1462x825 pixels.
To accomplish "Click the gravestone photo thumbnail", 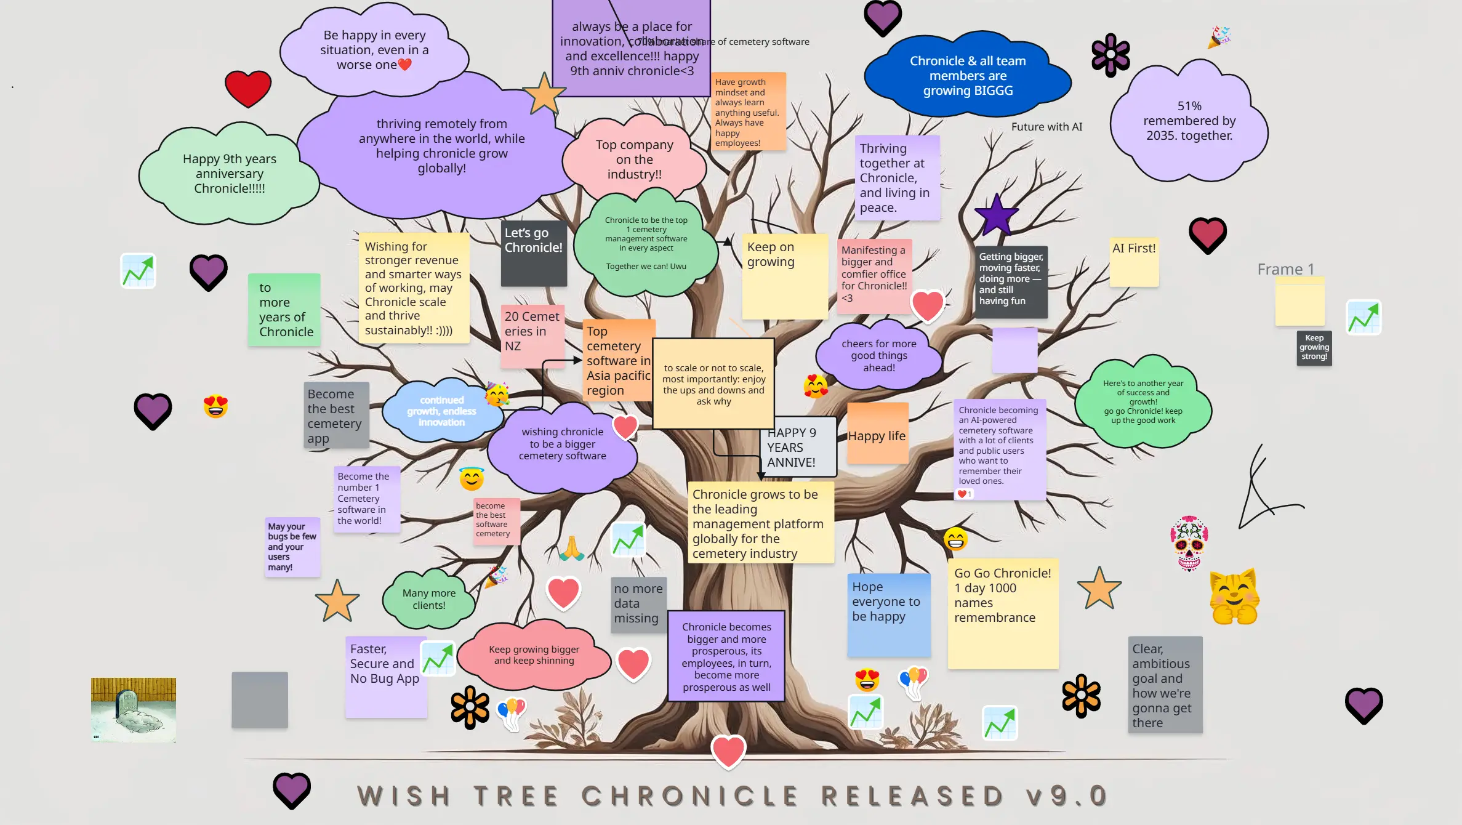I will (133, 709).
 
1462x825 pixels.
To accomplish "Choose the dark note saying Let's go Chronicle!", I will (533, 253).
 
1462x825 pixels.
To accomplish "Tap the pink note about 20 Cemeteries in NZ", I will (532, 336).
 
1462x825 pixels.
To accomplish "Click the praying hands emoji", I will (571, 547).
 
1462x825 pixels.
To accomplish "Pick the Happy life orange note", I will (877, 434).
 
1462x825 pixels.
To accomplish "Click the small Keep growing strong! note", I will (1314, 348).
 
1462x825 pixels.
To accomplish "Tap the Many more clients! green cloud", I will (428, 599).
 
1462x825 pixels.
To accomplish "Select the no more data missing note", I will (638, 604).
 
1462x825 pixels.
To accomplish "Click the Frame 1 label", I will (1285, 269).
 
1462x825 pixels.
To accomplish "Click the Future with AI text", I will (1046, 127).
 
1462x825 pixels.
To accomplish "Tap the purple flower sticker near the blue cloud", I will (1110, 55).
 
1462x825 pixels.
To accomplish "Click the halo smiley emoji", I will (472, 478).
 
